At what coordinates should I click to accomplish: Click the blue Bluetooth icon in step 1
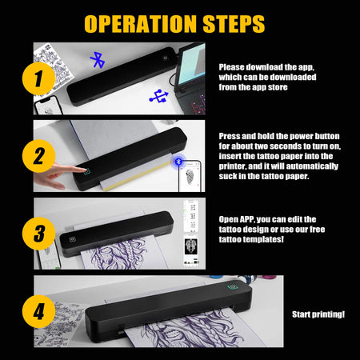pyautogui.click(x=98, y=58)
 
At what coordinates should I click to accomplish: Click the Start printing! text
pyautogui.click(x=318, y=314)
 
